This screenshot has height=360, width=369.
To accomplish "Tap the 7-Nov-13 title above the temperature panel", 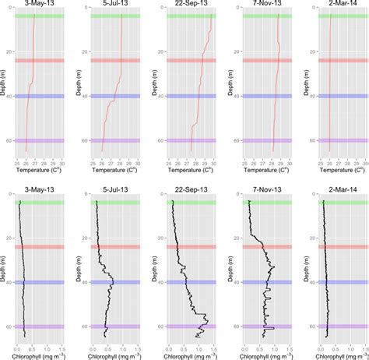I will coord(258,4).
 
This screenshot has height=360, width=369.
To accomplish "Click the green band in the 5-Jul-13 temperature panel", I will coord(110,16).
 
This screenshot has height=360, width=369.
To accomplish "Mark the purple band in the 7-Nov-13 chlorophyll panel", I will coord(258,326).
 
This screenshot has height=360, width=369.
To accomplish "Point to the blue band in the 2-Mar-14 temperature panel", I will coord(332,96).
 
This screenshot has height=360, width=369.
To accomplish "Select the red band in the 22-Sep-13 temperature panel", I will coord(184,60).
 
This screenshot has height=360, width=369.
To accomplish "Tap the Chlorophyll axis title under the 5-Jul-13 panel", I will coord(110,355).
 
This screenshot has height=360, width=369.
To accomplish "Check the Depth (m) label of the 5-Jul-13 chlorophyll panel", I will coord(79,269).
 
